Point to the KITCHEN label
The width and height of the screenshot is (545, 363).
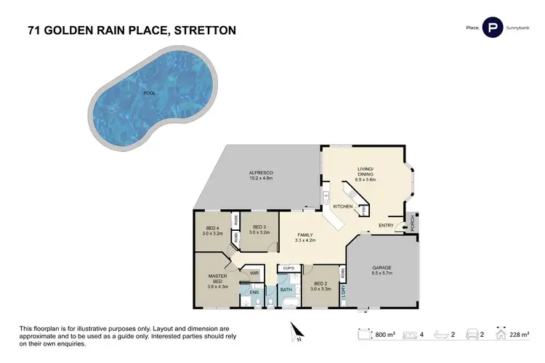[x=342, y=207]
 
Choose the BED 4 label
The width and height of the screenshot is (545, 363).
[x=212, y=229]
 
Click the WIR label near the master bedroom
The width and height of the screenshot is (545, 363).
[x=254, y=273]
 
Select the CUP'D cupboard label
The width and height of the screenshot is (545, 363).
[x=288, y=268]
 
